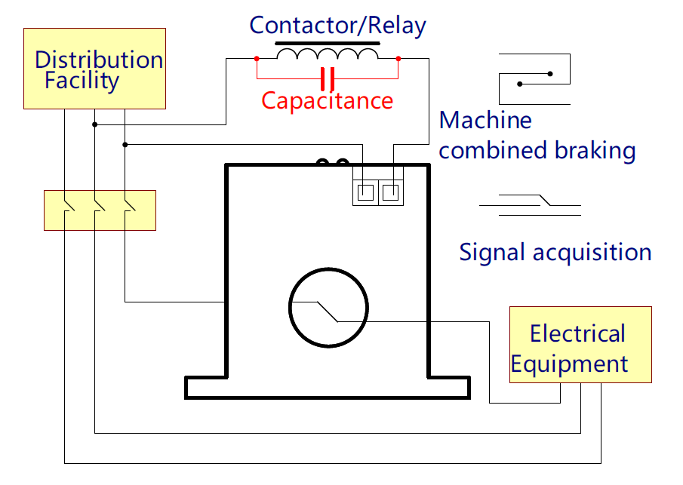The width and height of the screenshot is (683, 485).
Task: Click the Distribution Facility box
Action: [94, 69]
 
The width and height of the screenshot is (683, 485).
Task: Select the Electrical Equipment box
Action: [580, 345]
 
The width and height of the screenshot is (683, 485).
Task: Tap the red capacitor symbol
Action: [328, 78]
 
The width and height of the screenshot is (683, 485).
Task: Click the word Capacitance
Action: [327, 100]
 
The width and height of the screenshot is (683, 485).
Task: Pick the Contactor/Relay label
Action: [337, 26]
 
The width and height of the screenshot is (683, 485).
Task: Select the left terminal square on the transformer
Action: [365, 192]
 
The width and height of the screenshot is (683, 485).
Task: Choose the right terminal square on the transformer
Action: [389, 192]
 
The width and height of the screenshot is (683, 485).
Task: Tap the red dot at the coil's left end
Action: [257, 58]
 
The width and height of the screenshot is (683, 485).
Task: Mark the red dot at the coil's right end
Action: [398, 58]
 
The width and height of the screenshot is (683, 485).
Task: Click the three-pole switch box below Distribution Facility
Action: [100, 210]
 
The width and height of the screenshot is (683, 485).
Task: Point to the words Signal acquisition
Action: [555, 252]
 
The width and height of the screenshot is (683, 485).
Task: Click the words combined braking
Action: [537, 151]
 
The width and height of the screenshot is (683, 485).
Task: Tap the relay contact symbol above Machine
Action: [534, 78]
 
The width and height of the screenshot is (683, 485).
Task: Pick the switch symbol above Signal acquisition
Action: [531, 204]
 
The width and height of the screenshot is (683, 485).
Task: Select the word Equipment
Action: [569, 364]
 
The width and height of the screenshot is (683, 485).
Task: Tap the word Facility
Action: [82, 81]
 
